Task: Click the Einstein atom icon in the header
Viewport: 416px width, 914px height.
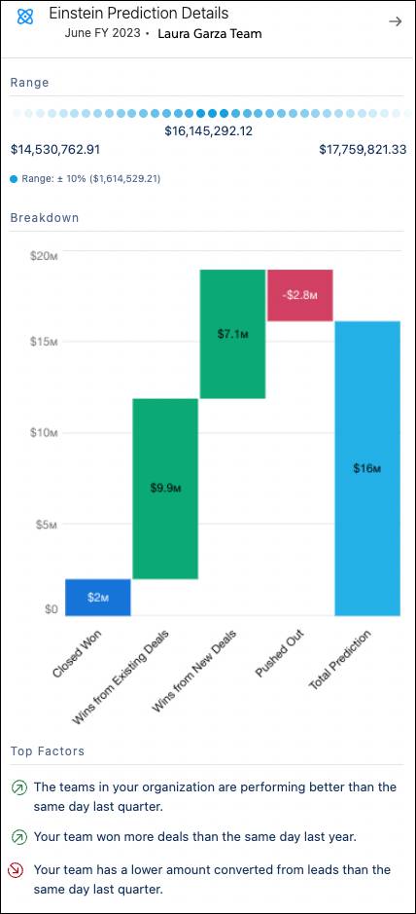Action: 26,17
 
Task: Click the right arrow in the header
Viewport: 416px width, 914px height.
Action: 395,21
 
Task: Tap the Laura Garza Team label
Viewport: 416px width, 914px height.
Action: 209,34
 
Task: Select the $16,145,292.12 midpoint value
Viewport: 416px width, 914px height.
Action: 208,130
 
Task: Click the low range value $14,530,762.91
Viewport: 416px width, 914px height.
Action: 55,150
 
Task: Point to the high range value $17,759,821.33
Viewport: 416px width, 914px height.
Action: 363,150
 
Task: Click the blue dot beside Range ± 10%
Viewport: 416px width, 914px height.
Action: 14,179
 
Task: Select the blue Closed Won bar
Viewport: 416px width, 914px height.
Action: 98,597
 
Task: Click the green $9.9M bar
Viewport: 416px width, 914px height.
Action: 165,489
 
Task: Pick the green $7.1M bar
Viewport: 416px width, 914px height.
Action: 232,334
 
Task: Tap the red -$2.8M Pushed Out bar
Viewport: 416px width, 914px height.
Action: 300,295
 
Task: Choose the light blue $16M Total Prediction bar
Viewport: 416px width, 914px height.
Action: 367,468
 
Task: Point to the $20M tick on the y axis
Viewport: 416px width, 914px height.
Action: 44,255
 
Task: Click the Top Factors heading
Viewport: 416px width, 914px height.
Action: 47,751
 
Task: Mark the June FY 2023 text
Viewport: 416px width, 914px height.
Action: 101,34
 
